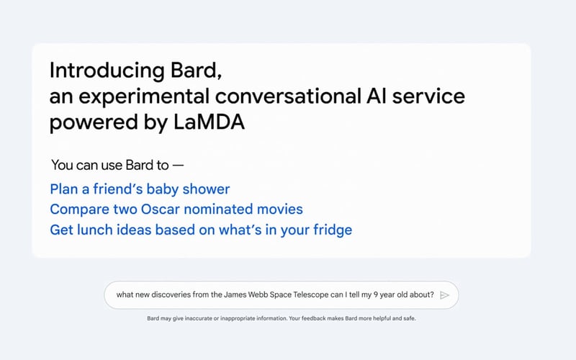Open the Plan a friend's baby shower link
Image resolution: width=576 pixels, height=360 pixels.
click(x=140, y=189)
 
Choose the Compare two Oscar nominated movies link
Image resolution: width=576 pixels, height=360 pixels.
click(x=176, y=210)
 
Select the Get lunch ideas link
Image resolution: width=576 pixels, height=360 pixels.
click(x=201, y=230)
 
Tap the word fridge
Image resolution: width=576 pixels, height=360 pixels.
click(x=331, y=230)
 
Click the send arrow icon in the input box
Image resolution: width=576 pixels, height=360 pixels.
click(x=445, y=294)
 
